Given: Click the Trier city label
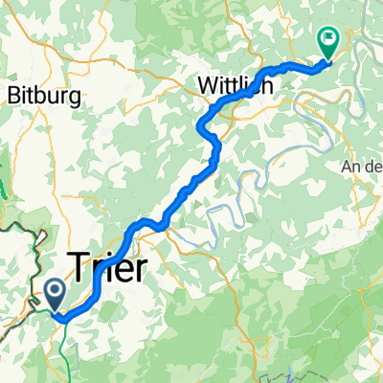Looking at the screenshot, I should point(107,264).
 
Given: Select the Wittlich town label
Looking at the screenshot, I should point(236,85).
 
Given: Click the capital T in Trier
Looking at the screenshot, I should point(78,264).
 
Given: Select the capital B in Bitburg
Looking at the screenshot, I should point(14,95).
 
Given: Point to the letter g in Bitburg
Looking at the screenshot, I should point(70,98).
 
